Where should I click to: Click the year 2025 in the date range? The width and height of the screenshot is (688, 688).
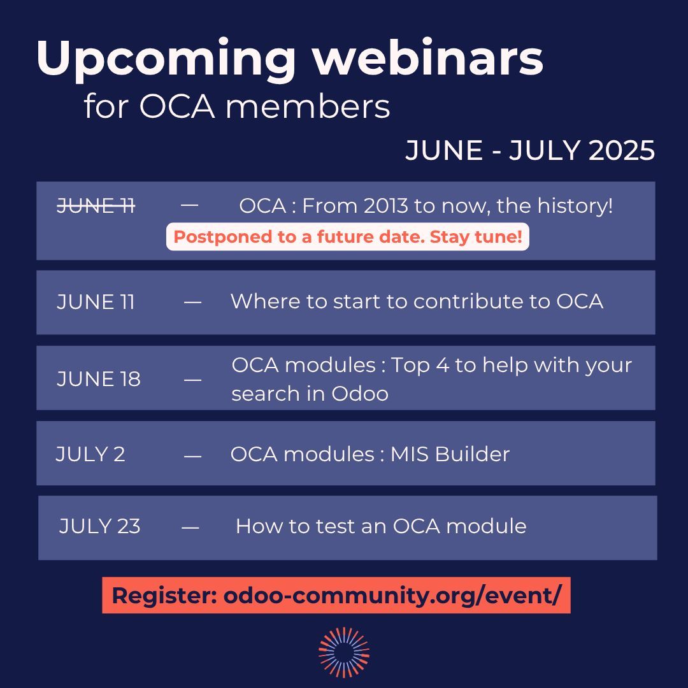coord(621,151)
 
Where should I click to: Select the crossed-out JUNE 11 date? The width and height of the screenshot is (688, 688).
coord(96,206)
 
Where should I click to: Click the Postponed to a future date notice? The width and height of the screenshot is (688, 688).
coord(348,238)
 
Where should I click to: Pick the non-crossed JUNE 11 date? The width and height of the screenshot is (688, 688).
coord(96,301)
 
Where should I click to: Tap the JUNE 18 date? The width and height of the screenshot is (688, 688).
coord(98,379)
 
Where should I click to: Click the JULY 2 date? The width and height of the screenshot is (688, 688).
coord(90,454)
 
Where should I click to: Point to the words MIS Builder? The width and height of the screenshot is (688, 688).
coord(450,454)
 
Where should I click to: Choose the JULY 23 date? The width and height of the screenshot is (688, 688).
coord(99,526)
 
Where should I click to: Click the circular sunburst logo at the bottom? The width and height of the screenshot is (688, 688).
coord(344,652)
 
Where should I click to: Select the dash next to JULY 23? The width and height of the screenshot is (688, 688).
coord(190,527)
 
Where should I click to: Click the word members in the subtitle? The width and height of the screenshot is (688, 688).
coord(307,107)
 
